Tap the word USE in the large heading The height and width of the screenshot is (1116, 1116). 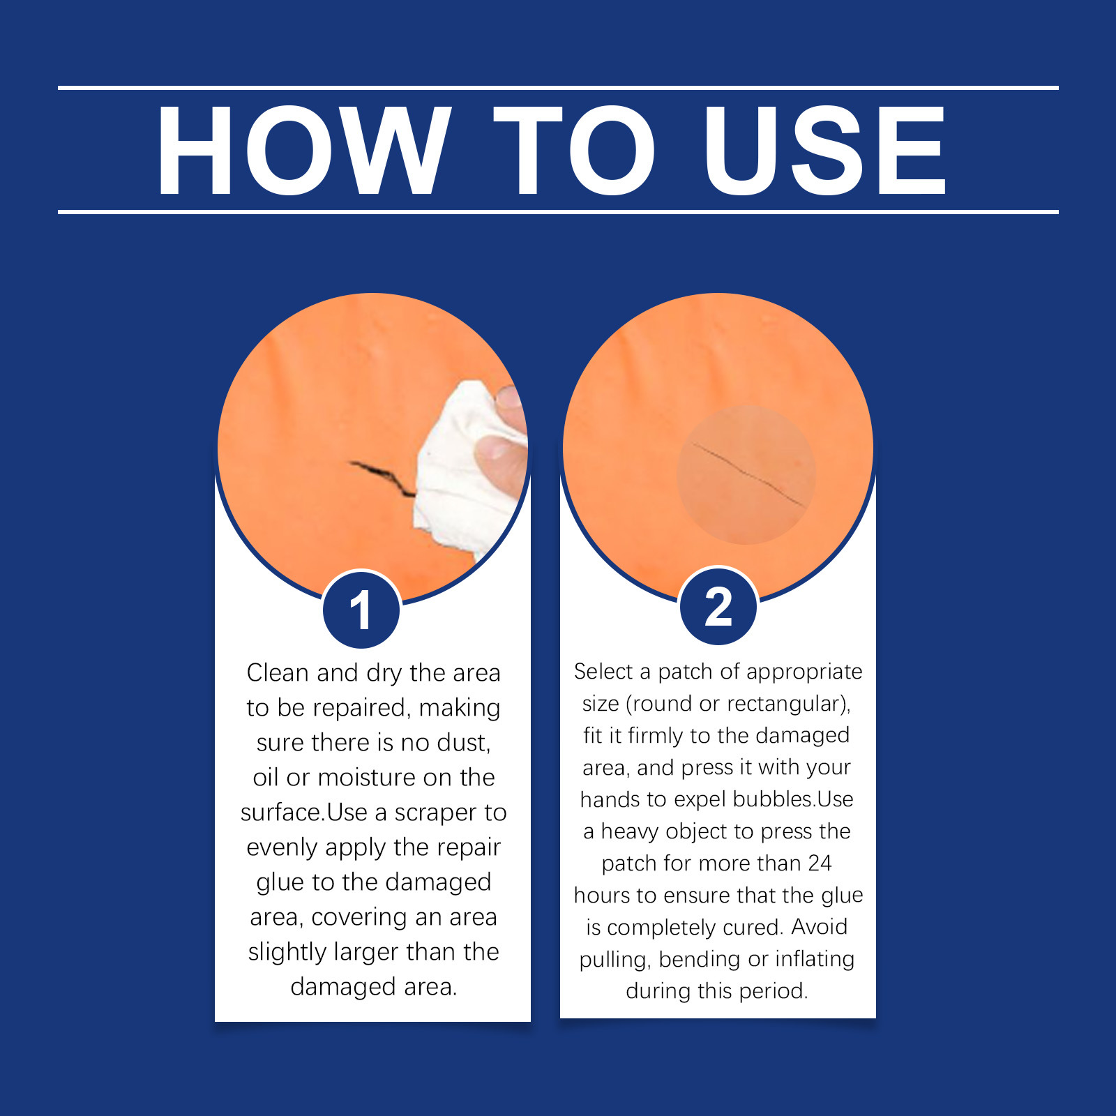point(824,151)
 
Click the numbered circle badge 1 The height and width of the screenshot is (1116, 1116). point(361,610)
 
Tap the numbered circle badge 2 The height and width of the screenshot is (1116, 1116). point(718,605)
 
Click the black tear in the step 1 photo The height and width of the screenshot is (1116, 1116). point(382,477)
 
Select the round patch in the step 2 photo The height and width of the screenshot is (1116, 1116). point(746,474)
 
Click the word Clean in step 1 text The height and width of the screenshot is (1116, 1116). point(278,672)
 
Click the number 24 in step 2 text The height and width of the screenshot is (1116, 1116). point(820,864)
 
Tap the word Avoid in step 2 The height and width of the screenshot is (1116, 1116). point(820,926)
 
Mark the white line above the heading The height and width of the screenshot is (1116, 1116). point(558,88)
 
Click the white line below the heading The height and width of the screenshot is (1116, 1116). point(558,211)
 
